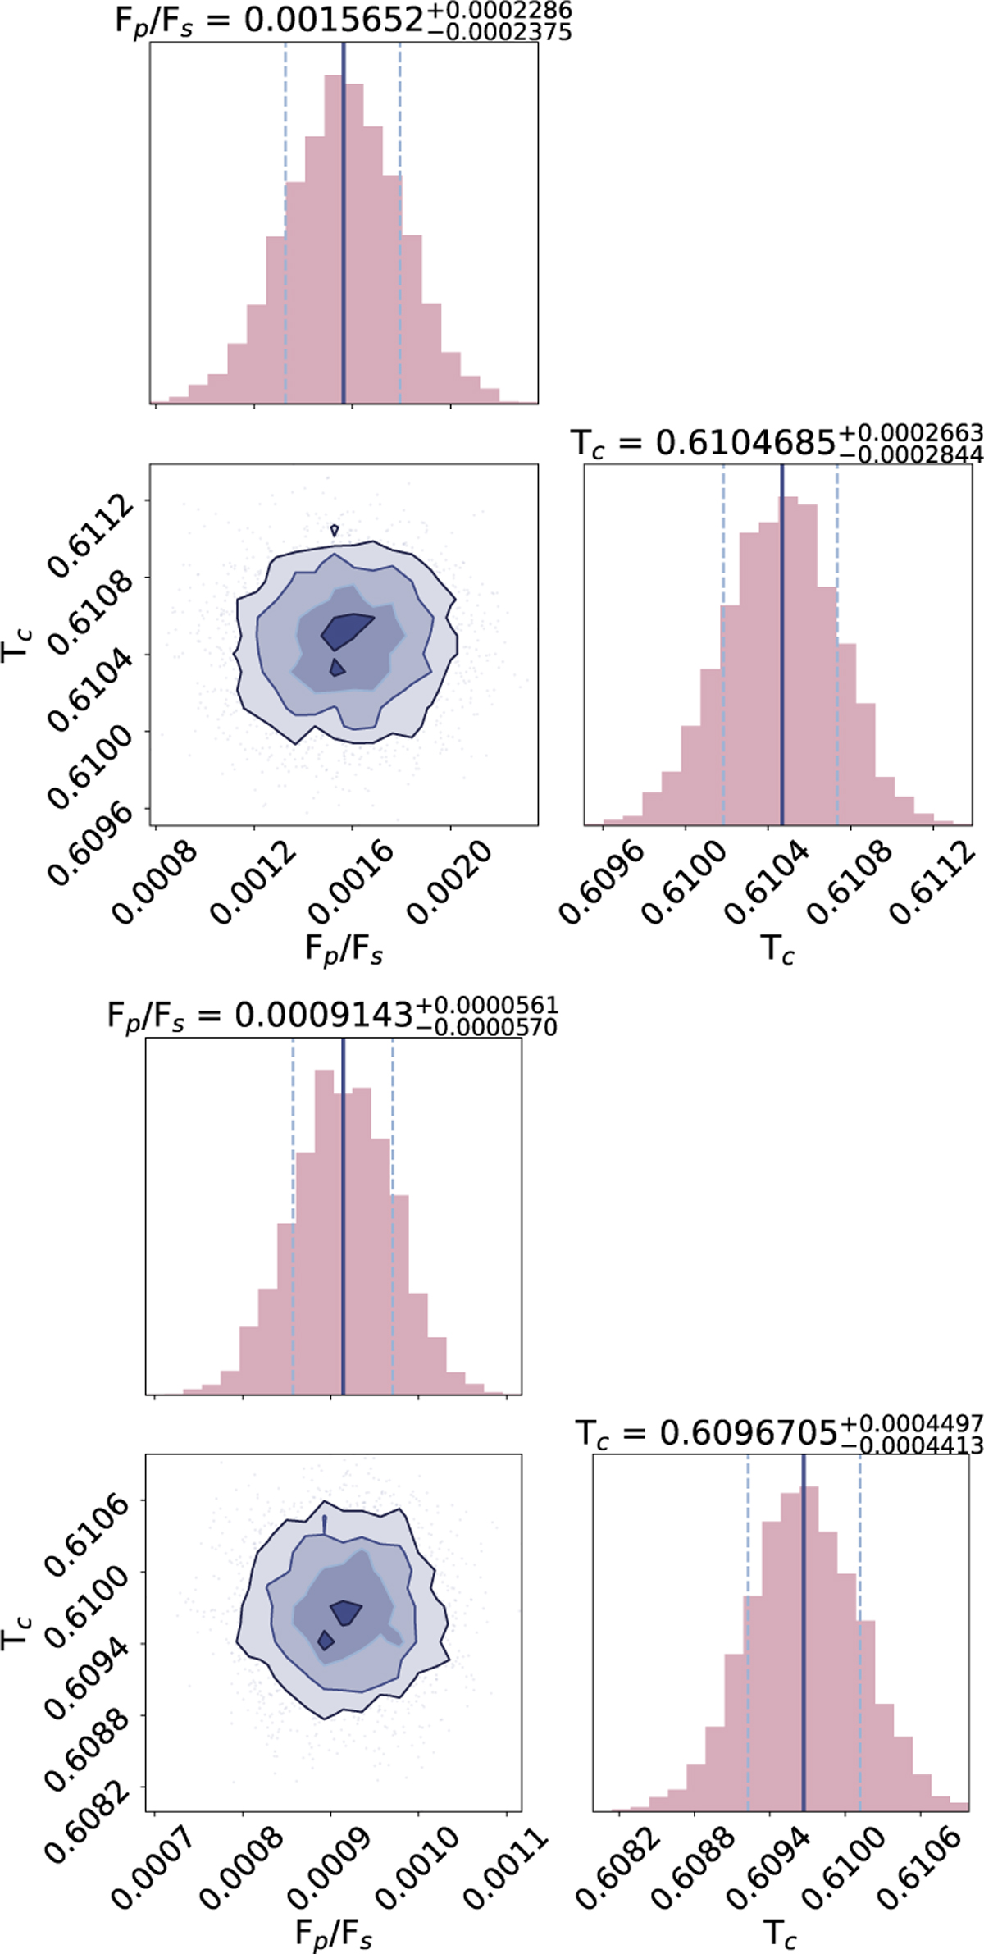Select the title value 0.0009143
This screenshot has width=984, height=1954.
pyautogui.click(x=323, y=1016)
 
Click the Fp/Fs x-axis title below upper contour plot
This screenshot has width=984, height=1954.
pyautogui.click(x=344, y=951)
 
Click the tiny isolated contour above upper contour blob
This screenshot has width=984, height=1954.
pyautogui.click(x=334, y=531)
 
